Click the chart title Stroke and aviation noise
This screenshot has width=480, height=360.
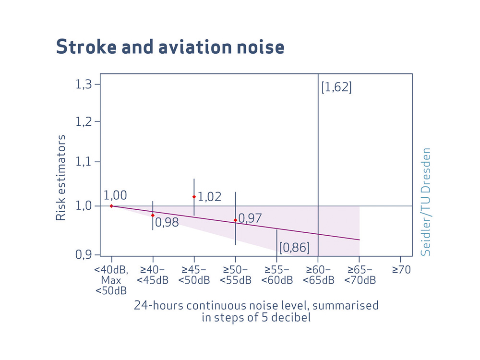[x=170, y=47]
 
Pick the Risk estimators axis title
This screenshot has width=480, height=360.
[x=60, y=178]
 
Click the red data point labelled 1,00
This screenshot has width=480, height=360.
[x=111, y=206]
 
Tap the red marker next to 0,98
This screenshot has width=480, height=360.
[x=153, y=215]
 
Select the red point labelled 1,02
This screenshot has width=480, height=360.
[x=194, y=197]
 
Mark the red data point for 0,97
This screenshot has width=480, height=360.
[x=235, y=220]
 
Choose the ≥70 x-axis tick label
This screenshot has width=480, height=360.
[x=401, y=270]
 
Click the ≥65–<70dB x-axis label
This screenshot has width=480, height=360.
[x=360, y=275]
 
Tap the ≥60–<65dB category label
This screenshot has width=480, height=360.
[x=318, y=275]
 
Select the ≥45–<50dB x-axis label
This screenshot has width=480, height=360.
[x=194, y=275]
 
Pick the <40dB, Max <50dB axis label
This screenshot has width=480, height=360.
[x=111, y=280]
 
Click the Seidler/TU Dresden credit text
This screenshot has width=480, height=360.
[x=426, y=202]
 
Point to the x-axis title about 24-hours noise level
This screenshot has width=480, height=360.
[x=256, y=311]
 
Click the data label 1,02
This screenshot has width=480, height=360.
[x=210, y=197]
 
